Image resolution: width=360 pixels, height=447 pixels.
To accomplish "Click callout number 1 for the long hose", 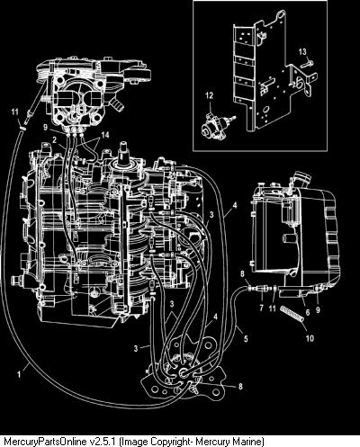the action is point(20,374).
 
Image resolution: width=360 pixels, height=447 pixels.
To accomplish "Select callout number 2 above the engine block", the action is point(55,139).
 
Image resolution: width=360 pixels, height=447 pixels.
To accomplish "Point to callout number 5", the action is point(246,339).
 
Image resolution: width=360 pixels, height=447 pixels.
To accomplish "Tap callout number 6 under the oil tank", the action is point(308,312).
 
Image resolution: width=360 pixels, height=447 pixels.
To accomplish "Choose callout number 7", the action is point(262,308).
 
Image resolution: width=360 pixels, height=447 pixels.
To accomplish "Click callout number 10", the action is point(310,338).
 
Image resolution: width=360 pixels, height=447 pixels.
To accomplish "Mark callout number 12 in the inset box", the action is point(209,95).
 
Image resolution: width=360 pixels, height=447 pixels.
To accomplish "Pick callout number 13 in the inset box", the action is point(302,52).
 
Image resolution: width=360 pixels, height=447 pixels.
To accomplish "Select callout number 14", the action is point(105,135).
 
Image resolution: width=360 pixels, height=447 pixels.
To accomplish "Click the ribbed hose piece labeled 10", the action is point(292,314).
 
